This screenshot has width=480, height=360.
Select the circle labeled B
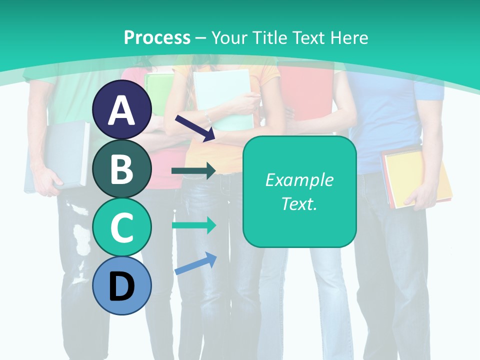tap(122, 169)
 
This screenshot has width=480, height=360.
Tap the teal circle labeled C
tap(122, 227)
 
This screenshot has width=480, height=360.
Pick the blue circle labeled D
tap(122, 286)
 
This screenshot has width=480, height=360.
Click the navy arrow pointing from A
tap(195, 128)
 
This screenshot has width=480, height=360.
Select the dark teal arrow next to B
tap(193, 170)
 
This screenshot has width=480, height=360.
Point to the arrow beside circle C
tap(193, 225)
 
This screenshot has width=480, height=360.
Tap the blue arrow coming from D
tap(195, 263)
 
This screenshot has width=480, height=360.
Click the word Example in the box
tap(299, 180)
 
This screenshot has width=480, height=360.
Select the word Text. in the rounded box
tap(299, 204)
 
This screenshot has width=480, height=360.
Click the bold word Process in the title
tap(157, 37)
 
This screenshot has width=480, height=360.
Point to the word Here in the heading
tap(349, 37)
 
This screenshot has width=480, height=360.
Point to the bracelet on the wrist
tap(207, 118)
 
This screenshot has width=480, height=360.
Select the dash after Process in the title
tap(200, 38)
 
